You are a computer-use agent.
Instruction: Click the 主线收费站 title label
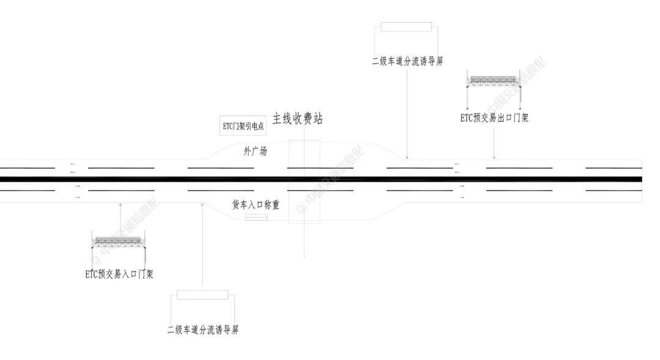[x=298, y=119]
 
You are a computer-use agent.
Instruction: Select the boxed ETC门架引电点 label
[x=243, y=126]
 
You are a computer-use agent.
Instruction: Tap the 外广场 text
[x=255, y=151]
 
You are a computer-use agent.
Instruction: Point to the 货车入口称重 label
[x=255, y=205]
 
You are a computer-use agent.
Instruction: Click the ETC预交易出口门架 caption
[x=494, y=118]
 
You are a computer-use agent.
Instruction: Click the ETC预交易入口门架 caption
[x=119, y=274]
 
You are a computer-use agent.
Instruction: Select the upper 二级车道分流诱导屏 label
[x=407, y=61]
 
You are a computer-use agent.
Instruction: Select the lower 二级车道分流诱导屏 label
[x=203, y=330]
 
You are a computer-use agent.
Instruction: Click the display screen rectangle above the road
[x=406, y=27]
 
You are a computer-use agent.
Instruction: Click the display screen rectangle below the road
[x=203, y=295]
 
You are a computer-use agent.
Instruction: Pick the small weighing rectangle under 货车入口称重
[x=256, y=218]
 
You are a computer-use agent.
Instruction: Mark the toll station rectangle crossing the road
[x=304, y=182]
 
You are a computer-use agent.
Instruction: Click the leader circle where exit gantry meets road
[x=494, y=158]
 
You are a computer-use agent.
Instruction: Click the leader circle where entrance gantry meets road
[x=120, y=204]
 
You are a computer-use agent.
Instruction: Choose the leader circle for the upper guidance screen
[x=407, y=158]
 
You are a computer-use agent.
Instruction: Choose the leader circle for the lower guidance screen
[x=202, y=204]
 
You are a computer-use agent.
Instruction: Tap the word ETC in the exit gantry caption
[x=467, y=118]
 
